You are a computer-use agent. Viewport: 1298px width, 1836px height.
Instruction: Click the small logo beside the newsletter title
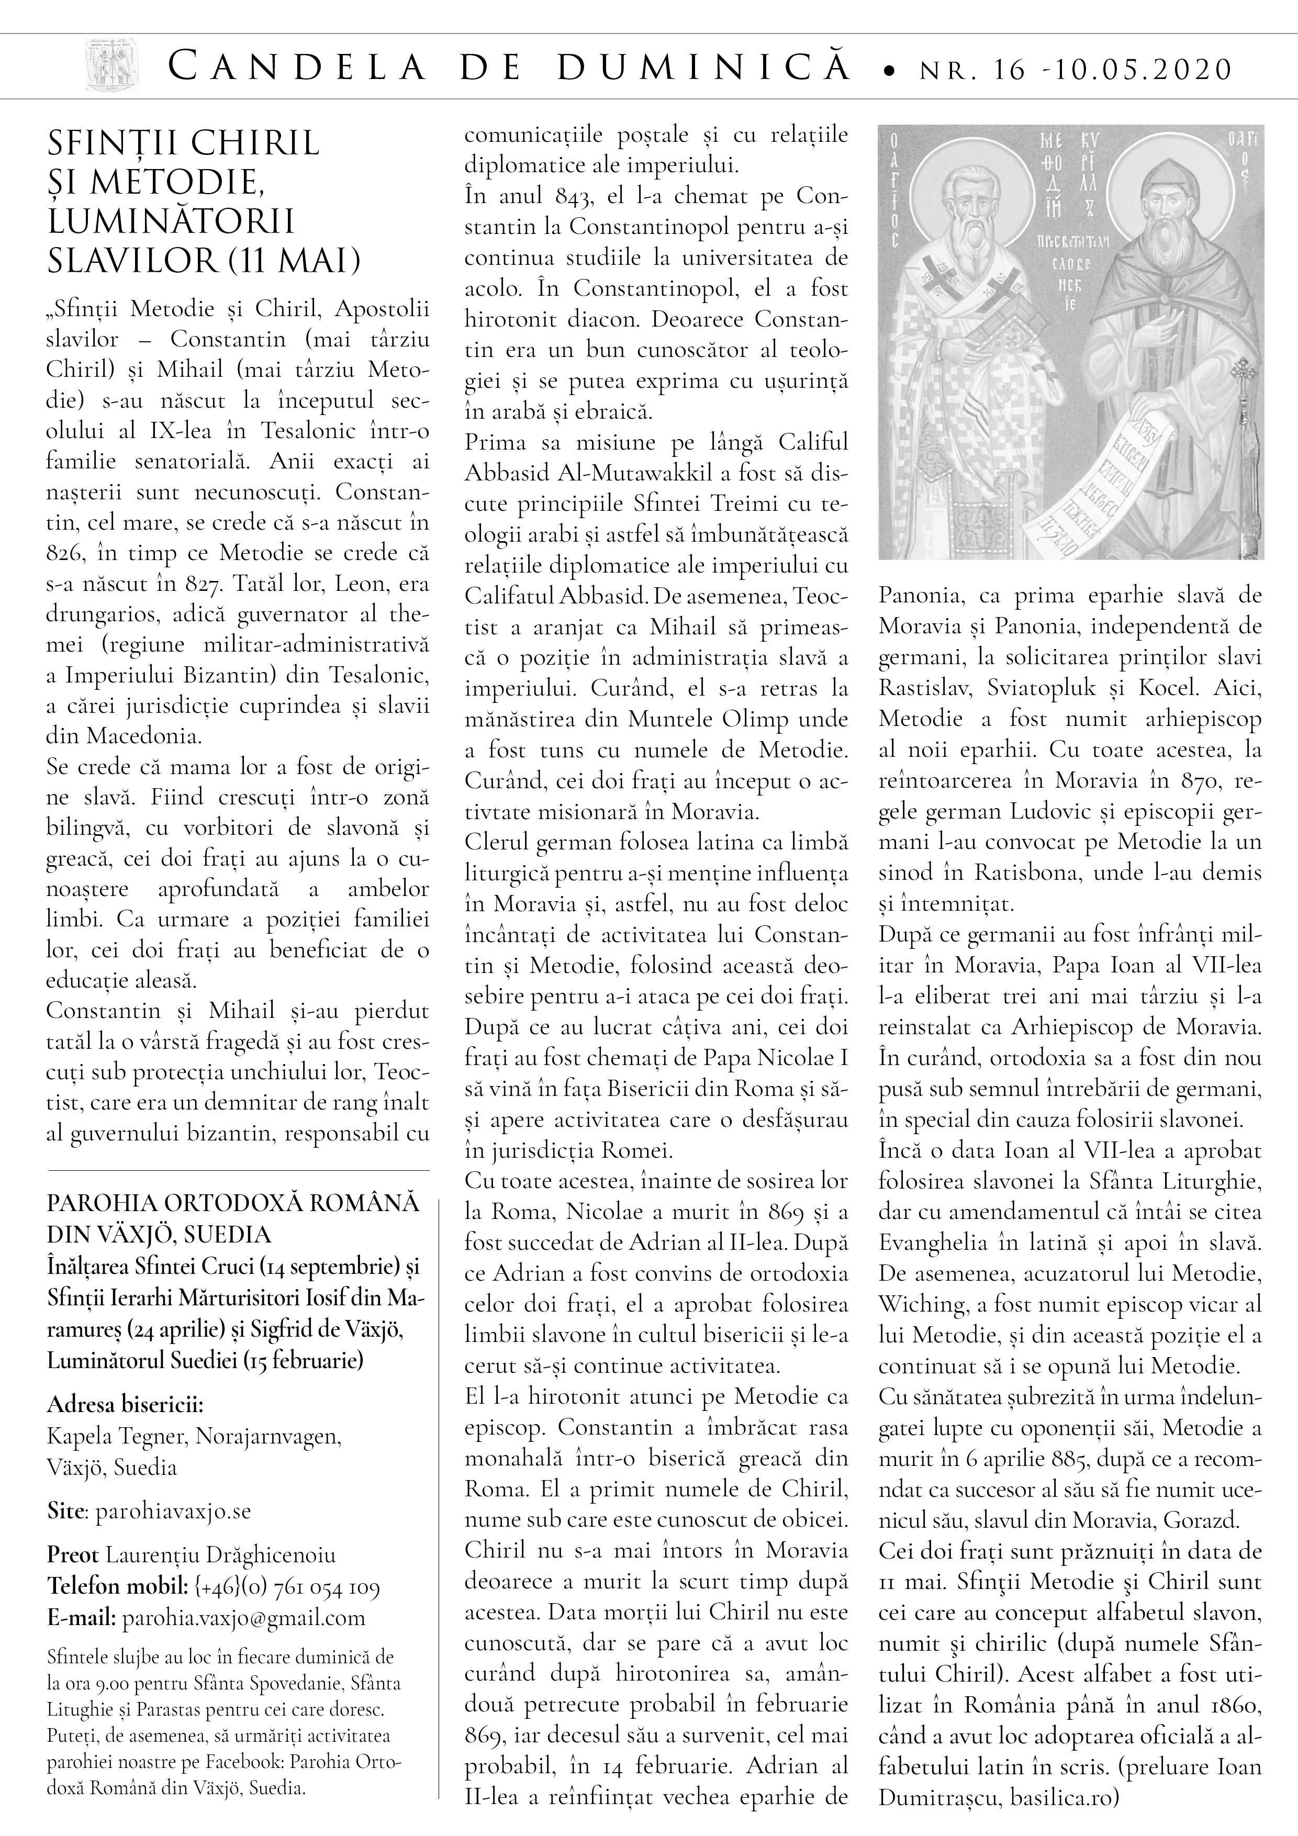(x=112, y=67)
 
